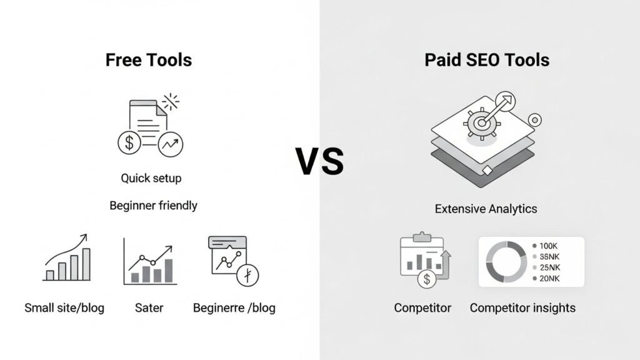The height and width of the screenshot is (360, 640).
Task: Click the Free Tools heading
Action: click(x=148, y=60)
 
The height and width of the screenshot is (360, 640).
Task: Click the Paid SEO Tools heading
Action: click(x=487, y=60)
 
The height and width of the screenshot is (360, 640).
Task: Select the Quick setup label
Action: click(x=151, y=178)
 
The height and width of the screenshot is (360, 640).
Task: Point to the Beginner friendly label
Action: click(x=153, y=206)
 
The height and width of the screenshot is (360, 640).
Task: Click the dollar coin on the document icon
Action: click(x=129, y=142)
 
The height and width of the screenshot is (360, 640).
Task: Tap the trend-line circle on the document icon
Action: click(x=170, y=144)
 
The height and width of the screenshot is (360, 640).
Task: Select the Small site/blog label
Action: click(x=64, y=307)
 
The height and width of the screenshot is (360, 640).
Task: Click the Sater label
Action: click(x=149, y=307)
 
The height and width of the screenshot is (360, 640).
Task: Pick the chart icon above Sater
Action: click(x=149, y=261)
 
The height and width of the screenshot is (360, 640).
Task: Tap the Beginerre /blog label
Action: click(x=234, y=307)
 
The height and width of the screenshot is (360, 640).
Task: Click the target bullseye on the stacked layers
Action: click(x=481, y=123)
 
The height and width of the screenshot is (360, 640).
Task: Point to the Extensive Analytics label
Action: click(x=486, y=209)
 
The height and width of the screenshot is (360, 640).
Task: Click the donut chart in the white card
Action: click(x=505, y=262)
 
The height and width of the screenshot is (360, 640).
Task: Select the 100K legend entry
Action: click(x=547, y=246)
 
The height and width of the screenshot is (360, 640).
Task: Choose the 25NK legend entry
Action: click(x=548, y=267)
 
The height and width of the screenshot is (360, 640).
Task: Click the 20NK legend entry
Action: click(x=548, y=278)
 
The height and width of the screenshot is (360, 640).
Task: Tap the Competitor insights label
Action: click(x=522, y=307)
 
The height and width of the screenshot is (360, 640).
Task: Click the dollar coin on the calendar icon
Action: click(x=427, y=279)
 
